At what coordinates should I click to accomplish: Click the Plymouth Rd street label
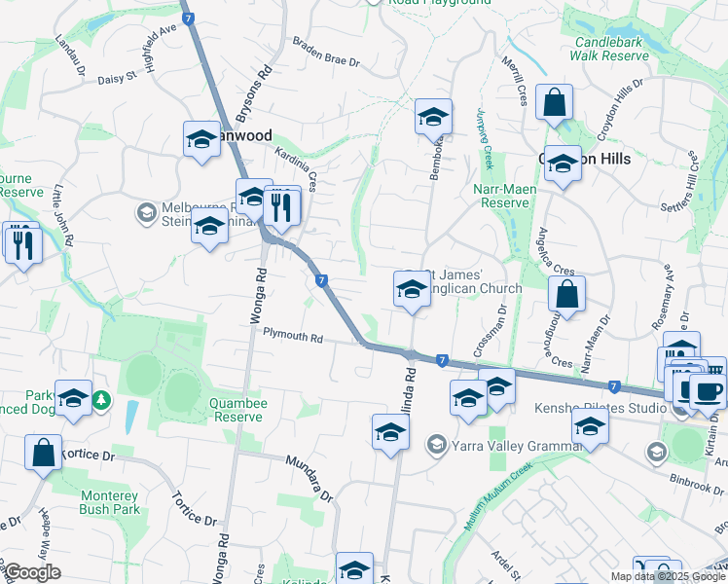coord(292,337)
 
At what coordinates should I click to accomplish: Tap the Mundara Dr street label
coord(309,478)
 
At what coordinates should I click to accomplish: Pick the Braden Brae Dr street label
coord(327,53)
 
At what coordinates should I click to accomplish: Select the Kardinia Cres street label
coord(297,169)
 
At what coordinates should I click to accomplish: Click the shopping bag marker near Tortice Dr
coord(43,454)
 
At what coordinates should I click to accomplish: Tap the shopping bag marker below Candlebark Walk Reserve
coord(554,102)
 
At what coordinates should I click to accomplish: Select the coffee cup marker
coord(708,391)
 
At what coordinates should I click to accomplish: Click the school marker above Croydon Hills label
coord(563,164)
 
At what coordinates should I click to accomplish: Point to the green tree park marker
coord(101,400)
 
